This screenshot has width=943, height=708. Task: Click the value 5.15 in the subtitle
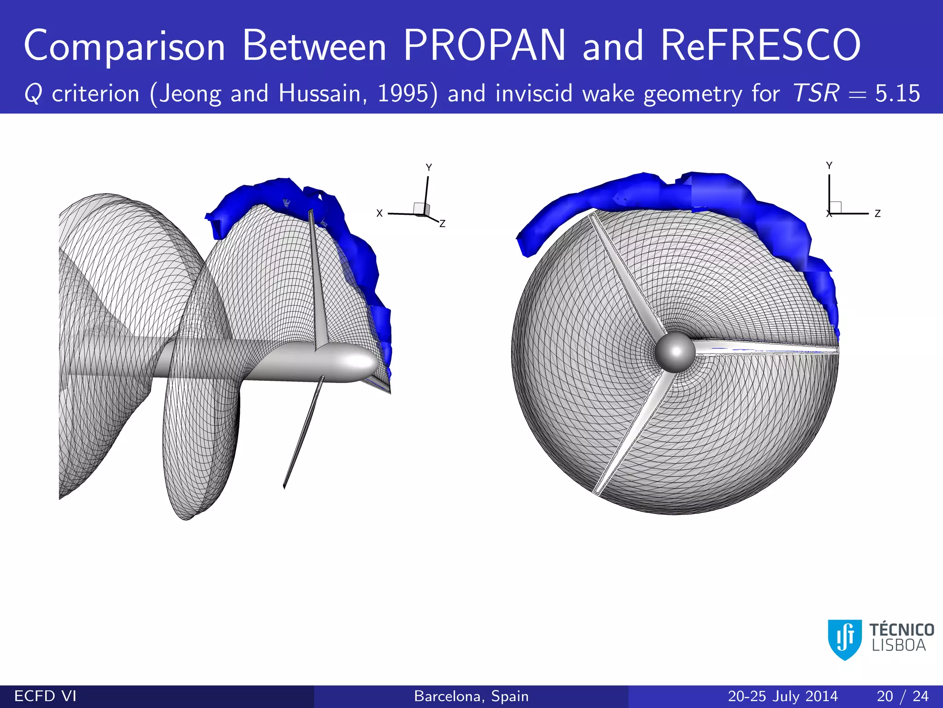(x=897, y=94)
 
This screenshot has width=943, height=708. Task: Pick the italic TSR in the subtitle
(x=815, y=93)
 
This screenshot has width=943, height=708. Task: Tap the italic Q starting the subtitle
(x=33, y=94)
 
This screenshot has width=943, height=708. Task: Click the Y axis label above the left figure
(x=429, y=168)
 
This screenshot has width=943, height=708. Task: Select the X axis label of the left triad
(x=379, y=213)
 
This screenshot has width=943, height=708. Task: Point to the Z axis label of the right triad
(x=878, y=214)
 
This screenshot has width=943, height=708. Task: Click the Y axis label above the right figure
(x=829, y=165)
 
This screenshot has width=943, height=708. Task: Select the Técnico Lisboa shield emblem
(x=844, y=639)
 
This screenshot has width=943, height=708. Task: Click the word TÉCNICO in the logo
(x=902, y=630)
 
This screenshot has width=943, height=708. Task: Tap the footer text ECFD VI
(x=45, y=696)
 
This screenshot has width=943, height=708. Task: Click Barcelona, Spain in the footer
(x=471, y=696)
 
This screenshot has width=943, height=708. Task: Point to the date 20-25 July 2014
(x=782, y=696)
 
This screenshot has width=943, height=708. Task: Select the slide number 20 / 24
(x=902, y=696)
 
